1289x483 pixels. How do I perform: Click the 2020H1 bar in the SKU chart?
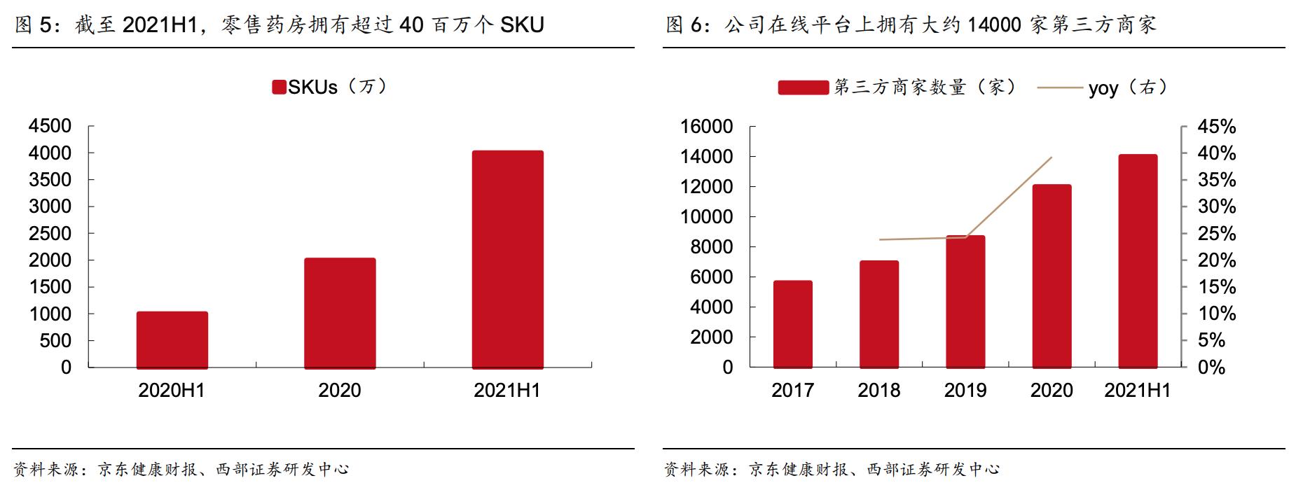[172, 339]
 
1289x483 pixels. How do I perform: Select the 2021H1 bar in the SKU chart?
[507, 259]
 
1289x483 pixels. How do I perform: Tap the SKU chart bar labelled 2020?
[340, 313]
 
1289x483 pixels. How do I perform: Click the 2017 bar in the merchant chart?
[792, 324]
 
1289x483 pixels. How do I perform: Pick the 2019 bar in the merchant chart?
[965, 302]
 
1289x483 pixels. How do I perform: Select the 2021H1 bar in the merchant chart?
[1138, 261]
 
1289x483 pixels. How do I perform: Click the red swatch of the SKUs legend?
[279, 87]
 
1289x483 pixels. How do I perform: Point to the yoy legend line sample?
[1059, 88]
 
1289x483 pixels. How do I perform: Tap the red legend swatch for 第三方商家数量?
[803, 87]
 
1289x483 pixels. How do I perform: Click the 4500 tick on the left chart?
[50, 126]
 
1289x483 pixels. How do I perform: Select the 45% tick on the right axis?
[1216, 127]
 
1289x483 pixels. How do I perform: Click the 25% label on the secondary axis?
[1216, 234]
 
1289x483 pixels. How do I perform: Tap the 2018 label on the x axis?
[878, 391]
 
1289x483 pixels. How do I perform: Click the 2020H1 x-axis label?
[172, 391]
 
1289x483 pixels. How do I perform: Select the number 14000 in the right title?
[994, 25]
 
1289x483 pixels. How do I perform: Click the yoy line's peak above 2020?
[1052, 157]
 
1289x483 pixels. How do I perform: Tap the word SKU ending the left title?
[522, 25]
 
